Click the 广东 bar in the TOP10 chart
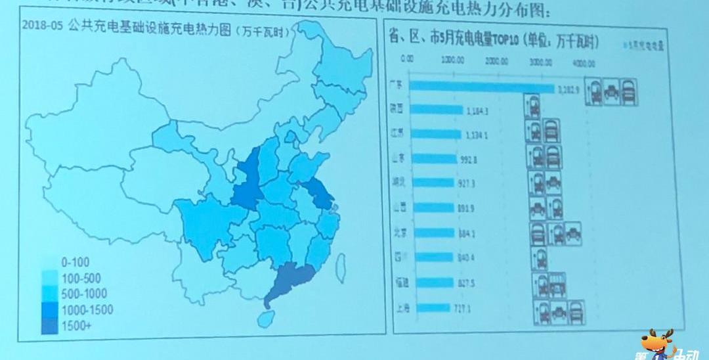pyautogui.click(x=483, y=87)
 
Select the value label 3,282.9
pyautogui.click(x=569, y=89)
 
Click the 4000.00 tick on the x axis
pyautogui.click(x=582, y=64)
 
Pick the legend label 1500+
pyautogui.click(x=77, y=326)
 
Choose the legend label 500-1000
pyautogui.click(x=83, y=294)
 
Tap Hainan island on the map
pyautogui.click(x=265, y=319)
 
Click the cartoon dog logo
pyautogui.click(x=659, y=344)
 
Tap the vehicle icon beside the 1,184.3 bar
pyautogui.click(x=532, y=106)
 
